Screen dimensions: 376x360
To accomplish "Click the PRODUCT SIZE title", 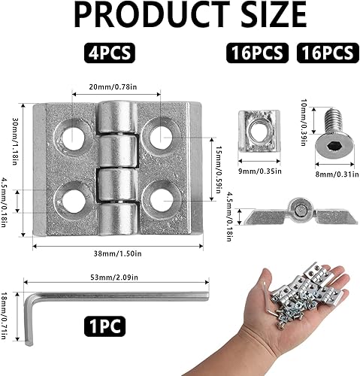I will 180,17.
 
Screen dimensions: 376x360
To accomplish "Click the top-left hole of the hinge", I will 74,137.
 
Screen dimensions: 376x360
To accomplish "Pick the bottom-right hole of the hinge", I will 160,200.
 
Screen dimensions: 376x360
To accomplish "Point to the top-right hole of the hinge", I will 160,137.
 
